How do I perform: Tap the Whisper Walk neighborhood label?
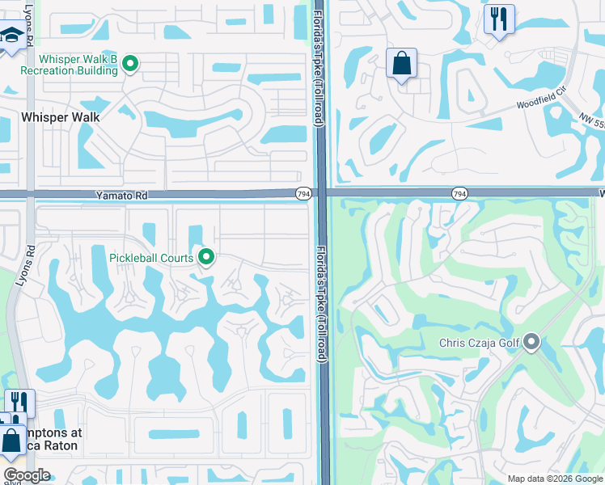click(x=61, y=117)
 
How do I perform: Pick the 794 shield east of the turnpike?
click(x=459, y=194)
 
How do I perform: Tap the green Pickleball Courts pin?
click(x=206, y=258)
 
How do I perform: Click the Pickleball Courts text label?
click(x=151, y=258)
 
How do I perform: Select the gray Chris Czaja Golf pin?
click(x=531, y=343)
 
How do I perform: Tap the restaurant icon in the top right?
click(x=499, y=18)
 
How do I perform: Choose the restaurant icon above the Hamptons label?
click(x=19, y=403)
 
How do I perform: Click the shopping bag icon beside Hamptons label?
click(x=12, y=441)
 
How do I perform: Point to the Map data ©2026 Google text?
click(x=555, y=479)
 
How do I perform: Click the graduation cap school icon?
click(x=11, y=36)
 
